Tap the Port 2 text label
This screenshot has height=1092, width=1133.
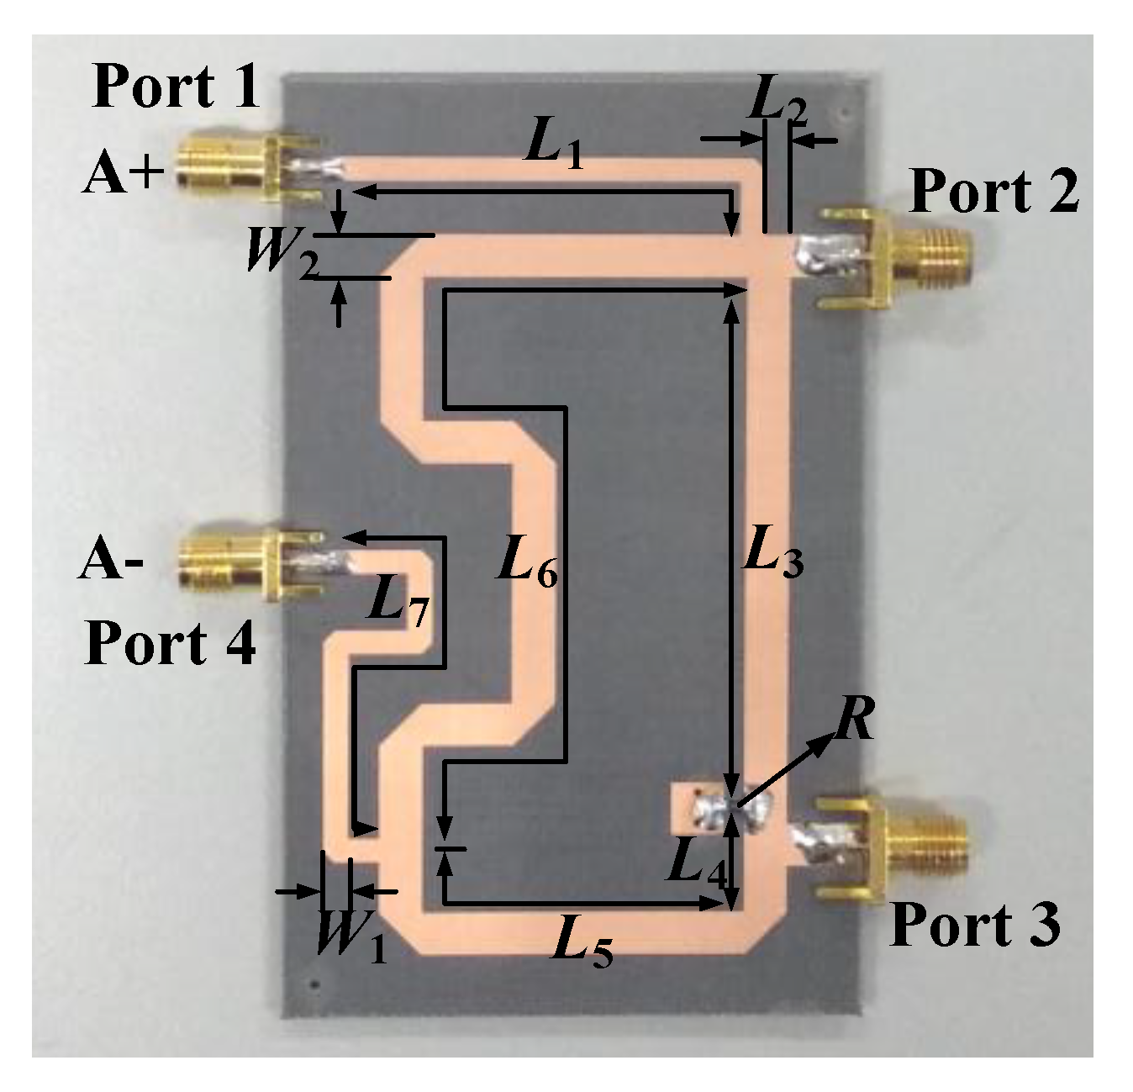(994, 191)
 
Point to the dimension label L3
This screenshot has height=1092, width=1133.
(772, 557)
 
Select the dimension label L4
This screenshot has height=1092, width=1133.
(697, 865)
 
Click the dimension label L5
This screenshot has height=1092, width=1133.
(582, 945)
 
